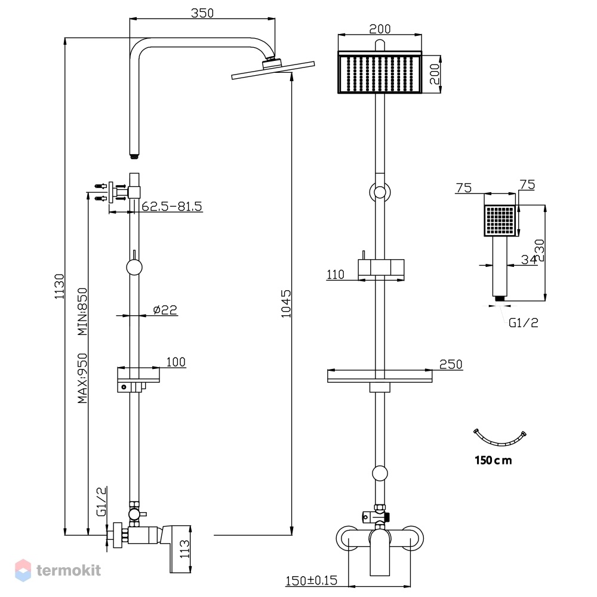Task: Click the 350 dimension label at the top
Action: [202, 13]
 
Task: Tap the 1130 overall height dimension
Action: [59, 287]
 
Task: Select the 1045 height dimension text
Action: [286, 303]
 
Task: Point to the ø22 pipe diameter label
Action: [165, 309]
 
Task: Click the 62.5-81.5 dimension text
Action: [172, 207]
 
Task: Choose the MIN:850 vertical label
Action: [82, 312]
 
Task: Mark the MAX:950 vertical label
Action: [82, 378]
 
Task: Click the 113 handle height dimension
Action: [184, 549]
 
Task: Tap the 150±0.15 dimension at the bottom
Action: [312, 580]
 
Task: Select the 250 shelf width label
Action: [451, 364]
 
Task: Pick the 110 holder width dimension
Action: [336, 275]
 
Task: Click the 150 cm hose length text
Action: [493, 460]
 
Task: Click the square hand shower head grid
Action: [500, 220]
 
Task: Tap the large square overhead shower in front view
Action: [380, 72]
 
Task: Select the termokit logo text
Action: [69, 570]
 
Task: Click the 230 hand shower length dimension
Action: [540, 251]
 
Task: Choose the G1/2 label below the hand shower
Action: [524, 323]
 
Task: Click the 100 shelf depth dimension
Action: [176, 362]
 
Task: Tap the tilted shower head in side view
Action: [273, 69]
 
